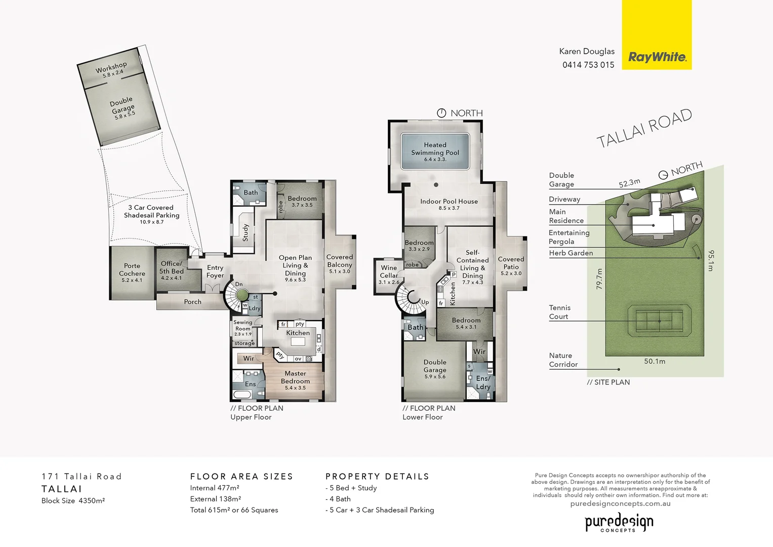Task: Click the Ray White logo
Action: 657,57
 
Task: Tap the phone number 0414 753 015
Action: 588,65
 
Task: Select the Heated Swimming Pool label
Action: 435,149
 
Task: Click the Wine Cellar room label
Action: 389,272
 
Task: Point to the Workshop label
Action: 111,68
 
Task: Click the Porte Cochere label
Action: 132,270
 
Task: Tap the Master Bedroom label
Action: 295,377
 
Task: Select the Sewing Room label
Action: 242,326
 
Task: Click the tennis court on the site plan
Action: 659,321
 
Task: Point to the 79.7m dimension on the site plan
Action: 599,279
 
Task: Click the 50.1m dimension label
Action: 655,362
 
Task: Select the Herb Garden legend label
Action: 571,253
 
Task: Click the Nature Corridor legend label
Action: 563,360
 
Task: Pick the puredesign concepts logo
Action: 619,522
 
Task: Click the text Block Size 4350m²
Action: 73,501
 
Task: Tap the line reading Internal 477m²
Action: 215,488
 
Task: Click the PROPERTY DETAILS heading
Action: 377,477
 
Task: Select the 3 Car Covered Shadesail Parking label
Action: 151,212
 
